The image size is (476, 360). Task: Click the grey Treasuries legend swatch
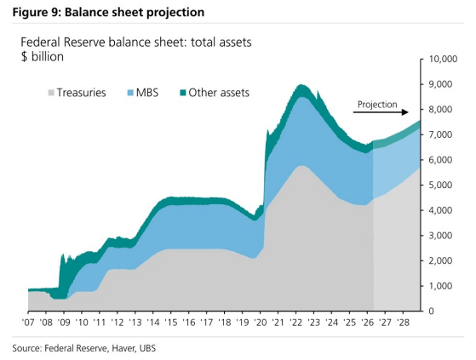[51, 93]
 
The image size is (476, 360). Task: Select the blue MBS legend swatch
[130, 93]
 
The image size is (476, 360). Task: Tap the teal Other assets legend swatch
[182, 93]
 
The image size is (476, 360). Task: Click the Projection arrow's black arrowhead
[405, 112]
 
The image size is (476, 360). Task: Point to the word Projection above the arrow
[377, 105]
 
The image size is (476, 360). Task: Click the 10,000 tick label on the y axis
[443, 59]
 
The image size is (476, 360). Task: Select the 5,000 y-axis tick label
[440, 185]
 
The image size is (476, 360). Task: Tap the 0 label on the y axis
[432, 311]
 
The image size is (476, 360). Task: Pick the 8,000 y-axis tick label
[440, 109]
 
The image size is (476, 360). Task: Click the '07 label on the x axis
[28, 322]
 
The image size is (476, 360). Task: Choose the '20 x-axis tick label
[261, 322]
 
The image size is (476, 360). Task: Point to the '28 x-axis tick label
[403, 322]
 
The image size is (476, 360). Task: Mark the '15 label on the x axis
[171, 322]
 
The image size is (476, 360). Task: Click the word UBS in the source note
[147, 348]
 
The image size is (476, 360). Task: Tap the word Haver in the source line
[123, 348]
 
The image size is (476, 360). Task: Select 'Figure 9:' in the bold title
[37, 13]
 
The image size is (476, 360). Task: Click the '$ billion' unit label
[43, 57]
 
